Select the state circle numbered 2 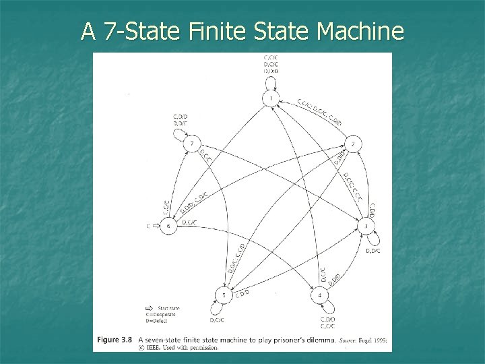[352, 144]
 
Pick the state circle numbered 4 [319, 295]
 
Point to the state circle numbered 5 [224, 295]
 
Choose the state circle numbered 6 [168, 226]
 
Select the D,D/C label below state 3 [373, 251]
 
